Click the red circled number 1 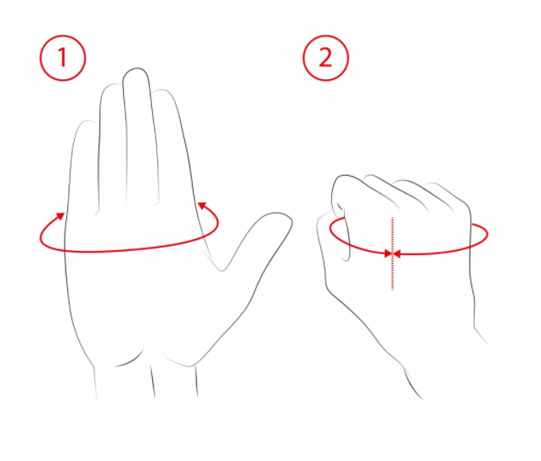[63, 58]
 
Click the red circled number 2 [326, 58]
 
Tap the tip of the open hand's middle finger [136, 68]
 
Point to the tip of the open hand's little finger [87, 121]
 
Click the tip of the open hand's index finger [162, 90]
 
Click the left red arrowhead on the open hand [61, 216]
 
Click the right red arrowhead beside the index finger [202, 206]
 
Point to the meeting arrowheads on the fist [392, 254]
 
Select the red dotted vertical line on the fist [392, 253]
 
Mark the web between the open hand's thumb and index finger [222, 269]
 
